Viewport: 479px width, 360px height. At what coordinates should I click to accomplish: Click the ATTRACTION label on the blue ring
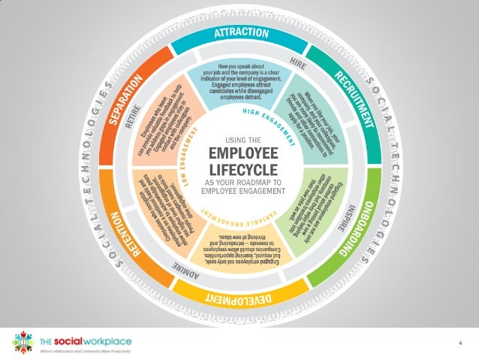coord(242,33)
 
